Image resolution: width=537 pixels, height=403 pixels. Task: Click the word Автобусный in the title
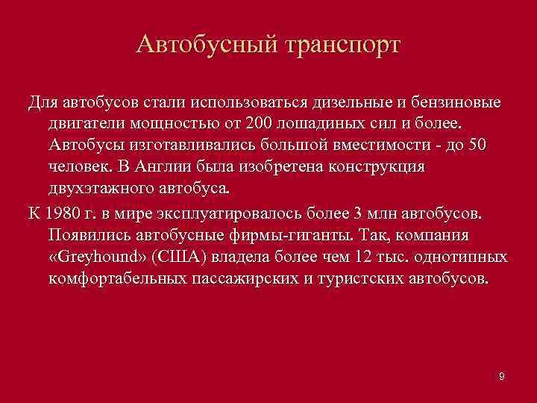click(x=205, y=44)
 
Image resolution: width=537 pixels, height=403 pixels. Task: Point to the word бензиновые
click(x=455, y=101)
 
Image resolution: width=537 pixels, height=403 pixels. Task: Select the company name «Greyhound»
click(x=96, y=257)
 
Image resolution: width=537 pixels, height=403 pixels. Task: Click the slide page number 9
click(x=502, y=377)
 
